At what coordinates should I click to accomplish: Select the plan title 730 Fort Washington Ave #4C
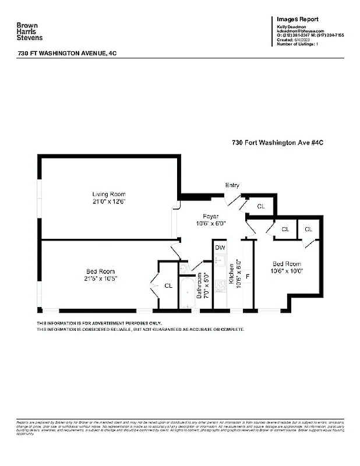(269, 142)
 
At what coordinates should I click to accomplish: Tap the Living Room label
(108, 194)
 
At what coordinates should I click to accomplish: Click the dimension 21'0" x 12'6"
(108, 202)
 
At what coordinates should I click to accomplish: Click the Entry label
(232, 185)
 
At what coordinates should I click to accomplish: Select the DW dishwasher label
(220, 248)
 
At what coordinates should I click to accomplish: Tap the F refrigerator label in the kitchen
(247, 276)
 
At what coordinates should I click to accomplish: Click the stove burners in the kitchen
(221, 286)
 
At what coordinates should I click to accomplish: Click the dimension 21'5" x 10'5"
(100, 279)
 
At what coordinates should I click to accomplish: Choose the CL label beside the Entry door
(261, 206)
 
